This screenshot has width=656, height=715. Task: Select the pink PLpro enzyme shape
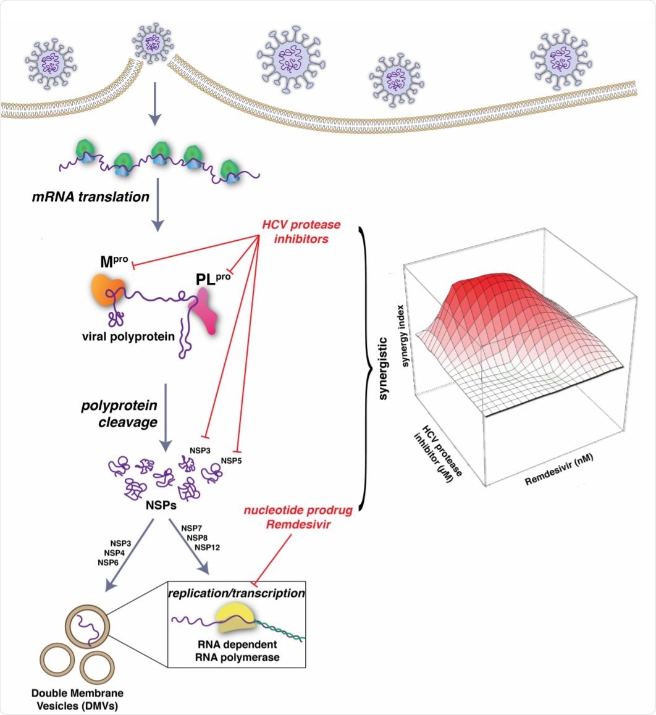(206, 312)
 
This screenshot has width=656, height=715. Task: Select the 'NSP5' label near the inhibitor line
(232, 461)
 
